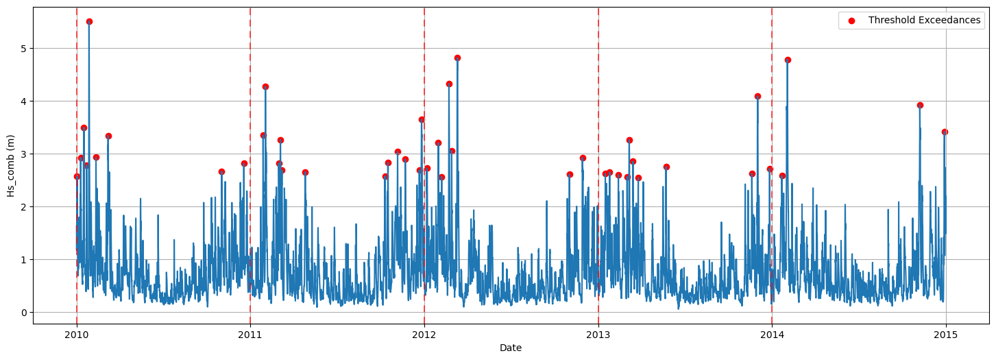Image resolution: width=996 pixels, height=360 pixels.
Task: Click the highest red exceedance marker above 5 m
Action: [89, 21]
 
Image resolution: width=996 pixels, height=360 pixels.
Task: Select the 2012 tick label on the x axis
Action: [424, 335]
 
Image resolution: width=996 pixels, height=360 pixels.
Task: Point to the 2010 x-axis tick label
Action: [76, 335]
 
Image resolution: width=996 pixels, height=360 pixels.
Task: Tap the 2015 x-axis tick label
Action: [946, 335]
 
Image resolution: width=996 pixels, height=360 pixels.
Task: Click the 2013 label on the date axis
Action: [598, 335]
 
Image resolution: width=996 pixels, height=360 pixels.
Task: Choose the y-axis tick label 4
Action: [23, 101]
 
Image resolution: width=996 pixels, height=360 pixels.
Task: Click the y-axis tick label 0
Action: [23, 313]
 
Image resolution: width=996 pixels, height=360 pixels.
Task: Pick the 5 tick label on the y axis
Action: [23, 49]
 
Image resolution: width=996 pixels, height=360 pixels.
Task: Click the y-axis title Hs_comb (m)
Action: [10, 165]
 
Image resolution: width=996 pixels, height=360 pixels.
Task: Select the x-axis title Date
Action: [511, 348]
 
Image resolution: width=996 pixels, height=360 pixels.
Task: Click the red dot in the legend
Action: [851, 21]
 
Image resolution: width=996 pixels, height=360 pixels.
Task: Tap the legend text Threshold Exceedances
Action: [924, 21]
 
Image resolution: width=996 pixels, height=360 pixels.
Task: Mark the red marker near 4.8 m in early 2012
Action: [457, 58]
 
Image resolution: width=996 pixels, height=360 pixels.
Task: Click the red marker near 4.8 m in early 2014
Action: [788, 60]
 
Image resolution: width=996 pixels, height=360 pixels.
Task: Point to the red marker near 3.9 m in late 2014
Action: [920, 105]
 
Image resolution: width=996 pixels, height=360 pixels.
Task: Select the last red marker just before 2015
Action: [945, 132]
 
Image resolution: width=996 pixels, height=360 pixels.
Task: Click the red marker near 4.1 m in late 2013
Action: [757, 96]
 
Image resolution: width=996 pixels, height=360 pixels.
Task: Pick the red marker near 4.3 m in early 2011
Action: [265, 86]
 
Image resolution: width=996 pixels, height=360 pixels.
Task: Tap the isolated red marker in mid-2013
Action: [666, 167]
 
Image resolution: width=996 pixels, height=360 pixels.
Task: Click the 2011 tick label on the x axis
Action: [250, 335]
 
